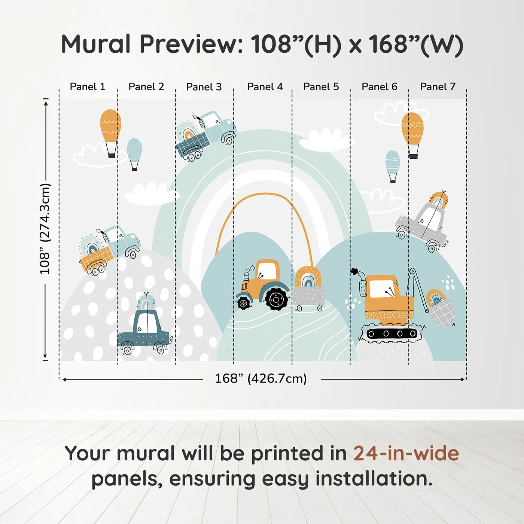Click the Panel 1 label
pos(87,87)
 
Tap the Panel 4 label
pos(265,87)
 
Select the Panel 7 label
pos(438,87)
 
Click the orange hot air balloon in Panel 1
pos(110,133)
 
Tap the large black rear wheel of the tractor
pos(276,299)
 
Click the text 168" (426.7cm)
pos(261,378)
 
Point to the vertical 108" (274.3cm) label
pos(45,229)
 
